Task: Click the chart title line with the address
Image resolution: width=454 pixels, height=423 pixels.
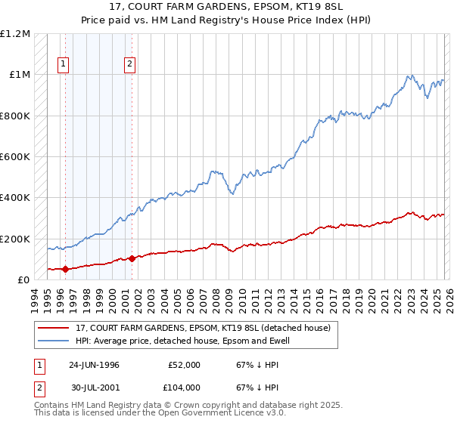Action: coord(227,7)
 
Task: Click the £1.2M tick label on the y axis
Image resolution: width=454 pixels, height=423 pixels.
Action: coord(15,34)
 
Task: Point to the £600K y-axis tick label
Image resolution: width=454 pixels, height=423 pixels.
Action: coord(15,157)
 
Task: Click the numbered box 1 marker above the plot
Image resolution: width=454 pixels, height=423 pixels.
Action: coord(63,64)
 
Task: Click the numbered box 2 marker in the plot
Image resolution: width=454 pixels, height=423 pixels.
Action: coord(130,64)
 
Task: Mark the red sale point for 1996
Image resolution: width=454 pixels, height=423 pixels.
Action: coord(65,269)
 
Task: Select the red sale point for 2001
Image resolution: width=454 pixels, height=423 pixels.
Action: coord(132,258)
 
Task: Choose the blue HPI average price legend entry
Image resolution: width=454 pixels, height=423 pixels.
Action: coord(182,341)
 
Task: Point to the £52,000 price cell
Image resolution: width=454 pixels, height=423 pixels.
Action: coord(184,365)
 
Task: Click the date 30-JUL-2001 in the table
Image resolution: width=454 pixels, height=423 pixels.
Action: coord(94,387)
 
